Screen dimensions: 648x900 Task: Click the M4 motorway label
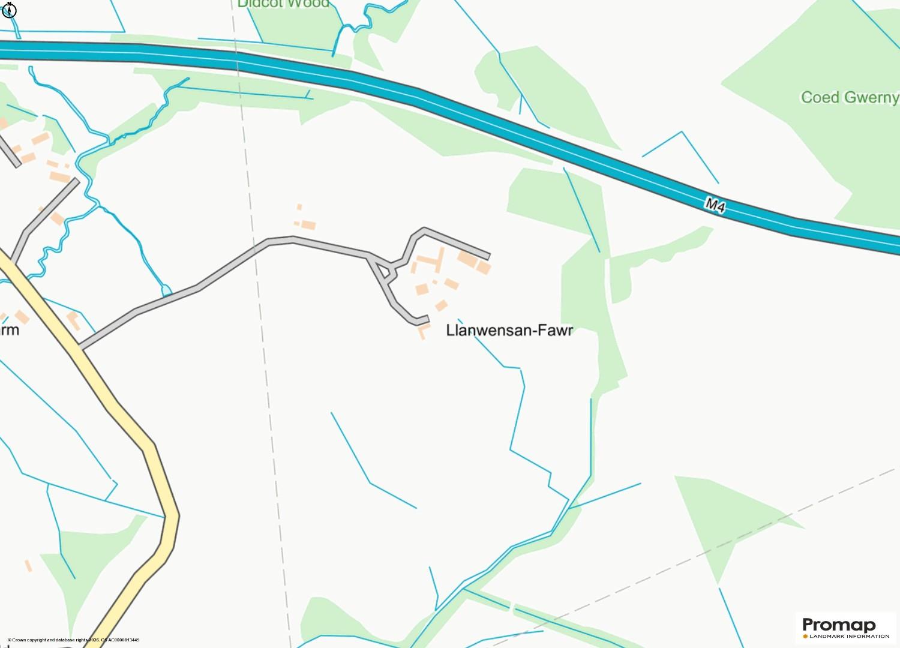click(x=715, y=206)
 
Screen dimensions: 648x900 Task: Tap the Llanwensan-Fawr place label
click(x=509, y=331)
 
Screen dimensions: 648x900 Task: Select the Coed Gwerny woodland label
click(x=850, y=97)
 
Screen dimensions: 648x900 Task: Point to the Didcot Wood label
click(x=283, y=4)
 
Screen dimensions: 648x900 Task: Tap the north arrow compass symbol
click(x=9, y=10)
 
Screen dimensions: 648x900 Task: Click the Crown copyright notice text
click(x=73, y=640)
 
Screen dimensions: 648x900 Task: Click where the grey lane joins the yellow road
click(x=80, y=347)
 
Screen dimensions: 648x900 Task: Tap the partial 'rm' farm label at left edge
click(x=10, y=330)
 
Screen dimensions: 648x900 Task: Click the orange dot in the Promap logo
click(x=806, y=636)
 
